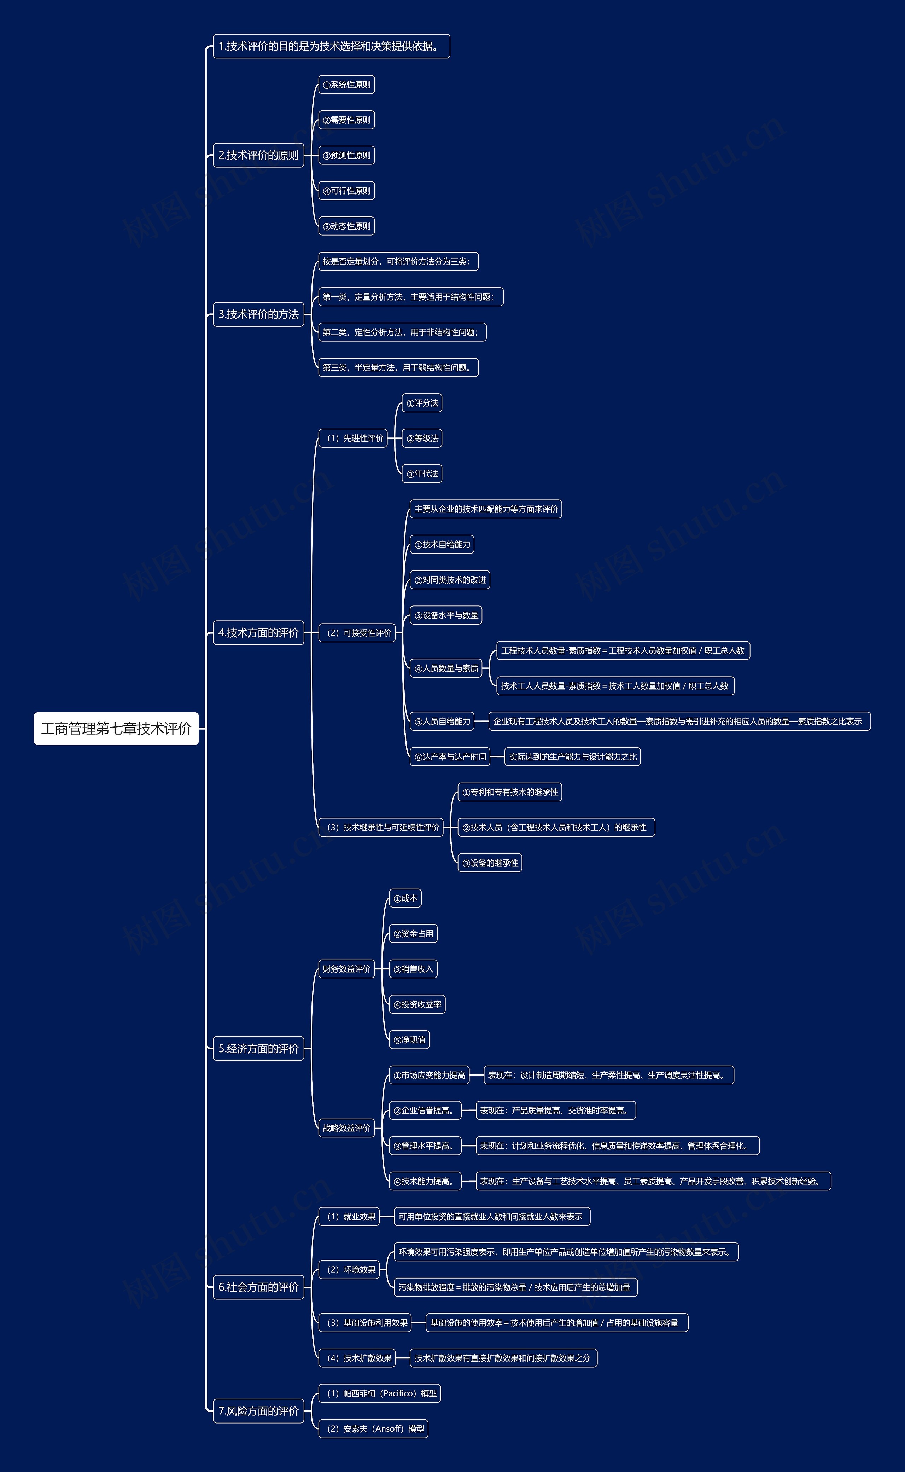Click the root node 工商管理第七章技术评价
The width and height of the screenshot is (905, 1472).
point(116,728)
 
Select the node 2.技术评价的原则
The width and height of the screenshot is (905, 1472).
point(258,155)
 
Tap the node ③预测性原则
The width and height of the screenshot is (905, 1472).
point(346,156)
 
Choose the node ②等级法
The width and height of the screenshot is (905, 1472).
point(422,438)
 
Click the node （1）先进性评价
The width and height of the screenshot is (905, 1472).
point(353,438)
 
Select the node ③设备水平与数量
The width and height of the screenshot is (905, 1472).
point(446,615)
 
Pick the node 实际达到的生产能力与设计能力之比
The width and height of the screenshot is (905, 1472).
point(573,757)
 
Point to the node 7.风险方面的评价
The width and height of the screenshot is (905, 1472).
point(258,1411)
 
